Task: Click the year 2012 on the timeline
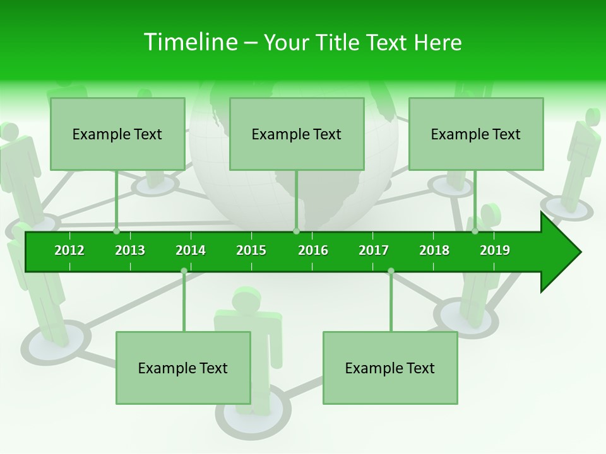[x=69, y=250]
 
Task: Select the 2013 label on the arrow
[x=130, y=250]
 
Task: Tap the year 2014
[x=191, y=250]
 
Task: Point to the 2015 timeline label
[x=251, y=250]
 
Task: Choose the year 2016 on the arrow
[x=313, y=250]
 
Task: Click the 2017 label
[x=374, y=250]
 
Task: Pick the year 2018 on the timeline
[x=434, y=250]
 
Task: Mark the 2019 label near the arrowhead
[x=495, y=250]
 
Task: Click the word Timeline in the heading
[x=189, y=42]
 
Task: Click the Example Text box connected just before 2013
[x=117, y=134]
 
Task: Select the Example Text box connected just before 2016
[x=297, y=134]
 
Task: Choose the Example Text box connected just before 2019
[x=476, y=134]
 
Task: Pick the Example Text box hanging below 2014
[x=183, y=368]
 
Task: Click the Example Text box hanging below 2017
[x=390, y=368]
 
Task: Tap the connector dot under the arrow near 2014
[x=184, y=271]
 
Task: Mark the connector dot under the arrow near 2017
[x=391, y=271]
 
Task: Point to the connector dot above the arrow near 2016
[x=296, y=231]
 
